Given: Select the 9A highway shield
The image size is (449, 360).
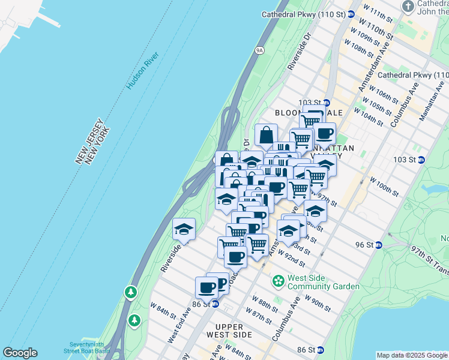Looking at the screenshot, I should click(x=260, y=50).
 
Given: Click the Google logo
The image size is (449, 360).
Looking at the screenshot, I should click(x=20, y=353).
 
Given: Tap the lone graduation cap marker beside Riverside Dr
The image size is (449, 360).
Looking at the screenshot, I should click(x=184, y=229).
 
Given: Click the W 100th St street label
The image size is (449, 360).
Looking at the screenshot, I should click(x=384, y=187).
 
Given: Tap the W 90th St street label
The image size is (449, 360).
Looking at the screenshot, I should click(x=318, y=303).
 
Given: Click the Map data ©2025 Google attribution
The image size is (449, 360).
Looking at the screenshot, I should click(x=412, y=355).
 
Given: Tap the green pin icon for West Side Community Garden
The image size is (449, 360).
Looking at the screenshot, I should click(x=279, y=280).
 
